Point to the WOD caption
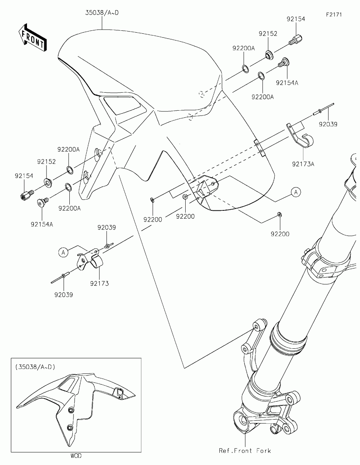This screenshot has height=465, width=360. pos(75,456)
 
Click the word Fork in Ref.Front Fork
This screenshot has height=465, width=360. pos(264,450)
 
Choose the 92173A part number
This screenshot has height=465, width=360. pos(303,163)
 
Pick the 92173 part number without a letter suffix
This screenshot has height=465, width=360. pos(99,283)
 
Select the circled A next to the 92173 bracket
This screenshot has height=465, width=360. pos(63,252)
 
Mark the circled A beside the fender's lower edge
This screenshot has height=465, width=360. pos(295,192)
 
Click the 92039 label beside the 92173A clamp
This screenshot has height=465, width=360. pos(328,124)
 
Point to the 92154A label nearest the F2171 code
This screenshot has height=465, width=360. pos(287,82)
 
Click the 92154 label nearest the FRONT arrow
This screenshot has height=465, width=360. pos(24,175)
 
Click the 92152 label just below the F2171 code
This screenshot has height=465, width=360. pos(268,34)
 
